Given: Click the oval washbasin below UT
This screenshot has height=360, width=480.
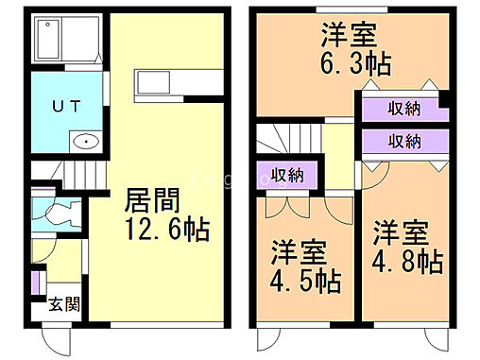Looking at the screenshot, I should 86,143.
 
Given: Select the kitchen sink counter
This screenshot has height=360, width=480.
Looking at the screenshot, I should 165,83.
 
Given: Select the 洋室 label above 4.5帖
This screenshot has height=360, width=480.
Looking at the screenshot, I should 300,253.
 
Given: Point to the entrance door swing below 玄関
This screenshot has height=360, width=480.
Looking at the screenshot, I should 56,337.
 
